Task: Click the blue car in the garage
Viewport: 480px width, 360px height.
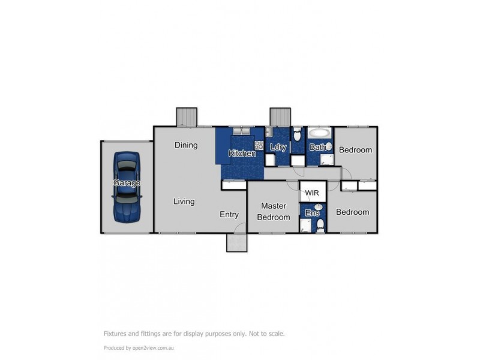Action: point(127,187)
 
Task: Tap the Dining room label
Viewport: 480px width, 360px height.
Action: point(186,145)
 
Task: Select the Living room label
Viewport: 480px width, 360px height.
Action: point(184,202)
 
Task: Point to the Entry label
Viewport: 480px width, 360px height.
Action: point(229,215)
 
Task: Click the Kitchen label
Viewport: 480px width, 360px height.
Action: point(242,153)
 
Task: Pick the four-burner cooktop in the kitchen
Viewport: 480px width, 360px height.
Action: point(259,145)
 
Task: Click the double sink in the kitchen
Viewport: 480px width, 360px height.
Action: point(242,131)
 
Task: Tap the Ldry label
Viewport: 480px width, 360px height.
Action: point(278,147)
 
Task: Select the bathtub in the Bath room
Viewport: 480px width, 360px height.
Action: point(320,133)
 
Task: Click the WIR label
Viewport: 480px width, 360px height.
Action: point(312,193)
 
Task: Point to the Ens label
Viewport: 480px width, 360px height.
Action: point(312,213)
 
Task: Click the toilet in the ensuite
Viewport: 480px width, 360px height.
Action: point(320,225)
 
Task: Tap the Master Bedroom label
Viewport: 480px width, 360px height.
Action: point(274,212)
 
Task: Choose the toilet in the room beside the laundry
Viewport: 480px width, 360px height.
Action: point(297,134)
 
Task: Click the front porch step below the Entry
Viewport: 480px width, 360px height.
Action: point(236,243)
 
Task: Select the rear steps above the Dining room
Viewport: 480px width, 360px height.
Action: point(187,116)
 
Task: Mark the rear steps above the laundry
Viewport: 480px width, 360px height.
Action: point(280,116)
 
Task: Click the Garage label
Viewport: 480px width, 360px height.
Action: point(127,183)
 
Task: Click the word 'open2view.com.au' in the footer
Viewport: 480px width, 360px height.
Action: point(153,348)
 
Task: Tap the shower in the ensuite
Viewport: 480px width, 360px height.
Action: point(305,226)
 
